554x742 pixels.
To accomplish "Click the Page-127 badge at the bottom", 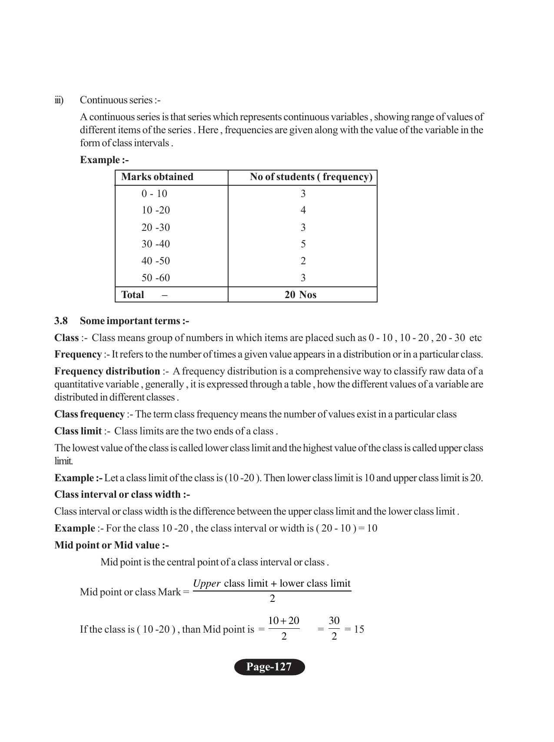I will [x=269, y=666].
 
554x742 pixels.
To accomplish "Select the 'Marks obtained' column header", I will [x=157, y=177].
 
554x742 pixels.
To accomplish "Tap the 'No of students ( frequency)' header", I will [x=311, y=177].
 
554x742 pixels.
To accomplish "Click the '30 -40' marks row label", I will [x=156, y=244].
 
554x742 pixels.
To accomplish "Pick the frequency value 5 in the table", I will [x=303, y=244].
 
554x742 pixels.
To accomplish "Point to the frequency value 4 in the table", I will [x=303, y=210].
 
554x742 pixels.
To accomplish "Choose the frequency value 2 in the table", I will [x=303, y=261].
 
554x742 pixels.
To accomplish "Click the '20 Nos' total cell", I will [x=300, y=295].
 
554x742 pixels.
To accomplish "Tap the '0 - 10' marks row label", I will [x=154, y=194].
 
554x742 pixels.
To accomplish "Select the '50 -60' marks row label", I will [x=156, y=278].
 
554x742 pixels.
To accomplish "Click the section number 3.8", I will [x=61, y=321].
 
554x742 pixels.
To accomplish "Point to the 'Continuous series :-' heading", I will [x=120, y=100].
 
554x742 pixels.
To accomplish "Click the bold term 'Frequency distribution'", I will [x=107, y=371].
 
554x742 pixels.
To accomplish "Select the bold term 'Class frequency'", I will [x=89, y=414].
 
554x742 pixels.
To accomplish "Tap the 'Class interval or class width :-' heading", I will [x=122, y=495].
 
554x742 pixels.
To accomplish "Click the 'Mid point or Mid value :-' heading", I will [x=112, y=545].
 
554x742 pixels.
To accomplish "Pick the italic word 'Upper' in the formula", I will [x=206, y=584].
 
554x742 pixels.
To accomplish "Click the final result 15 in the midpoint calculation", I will [x=359, y=629].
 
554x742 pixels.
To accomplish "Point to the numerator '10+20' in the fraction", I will [x=284, y=621].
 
